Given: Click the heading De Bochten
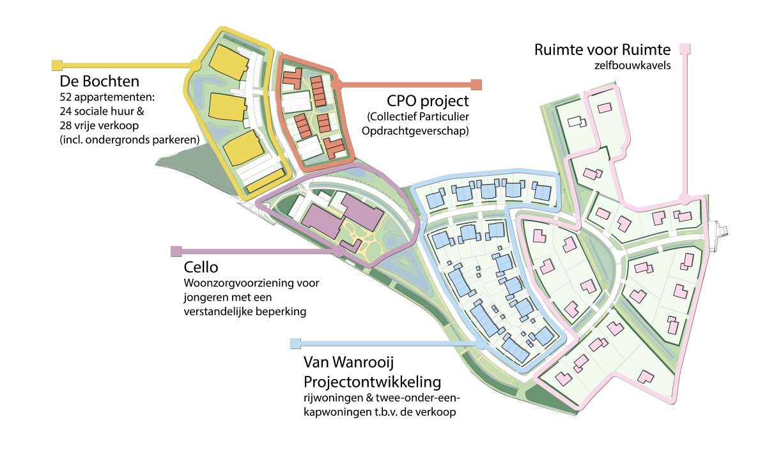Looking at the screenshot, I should tap(99, 82).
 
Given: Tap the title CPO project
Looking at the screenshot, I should tap(428, 101).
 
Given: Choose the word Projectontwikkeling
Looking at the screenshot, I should tap(373, 382).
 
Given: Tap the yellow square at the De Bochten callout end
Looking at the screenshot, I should tap(56, 64).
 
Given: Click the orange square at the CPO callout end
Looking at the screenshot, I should tap(476, 84).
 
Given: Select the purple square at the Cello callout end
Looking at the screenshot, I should tap(176, 251).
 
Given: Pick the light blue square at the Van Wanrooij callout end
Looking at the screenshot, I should tap(295, 343).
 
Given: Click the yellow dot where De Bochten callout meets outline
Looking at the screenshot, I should tap(195, 64).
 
